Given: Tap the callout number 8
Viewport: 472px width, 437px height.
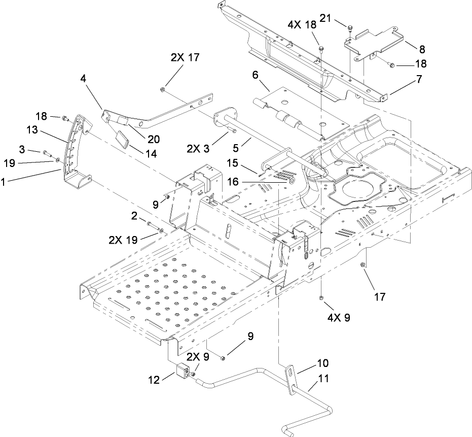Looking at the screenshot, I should point(422,49).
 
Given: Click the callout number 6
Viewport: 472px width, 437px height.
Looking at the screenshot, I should point(255,75).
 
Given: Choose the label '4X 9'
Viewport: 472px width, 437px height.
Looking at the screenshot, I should point(336,319).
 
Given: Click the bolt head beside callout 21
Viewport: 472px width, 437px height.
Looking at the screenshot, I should point(350,26).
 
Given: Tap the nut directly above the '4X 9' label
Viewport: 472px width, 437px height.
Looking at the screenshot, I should point(322,298).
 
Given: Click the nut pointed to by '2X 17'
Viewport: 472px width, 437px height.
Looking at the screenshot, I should point(161,90).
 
